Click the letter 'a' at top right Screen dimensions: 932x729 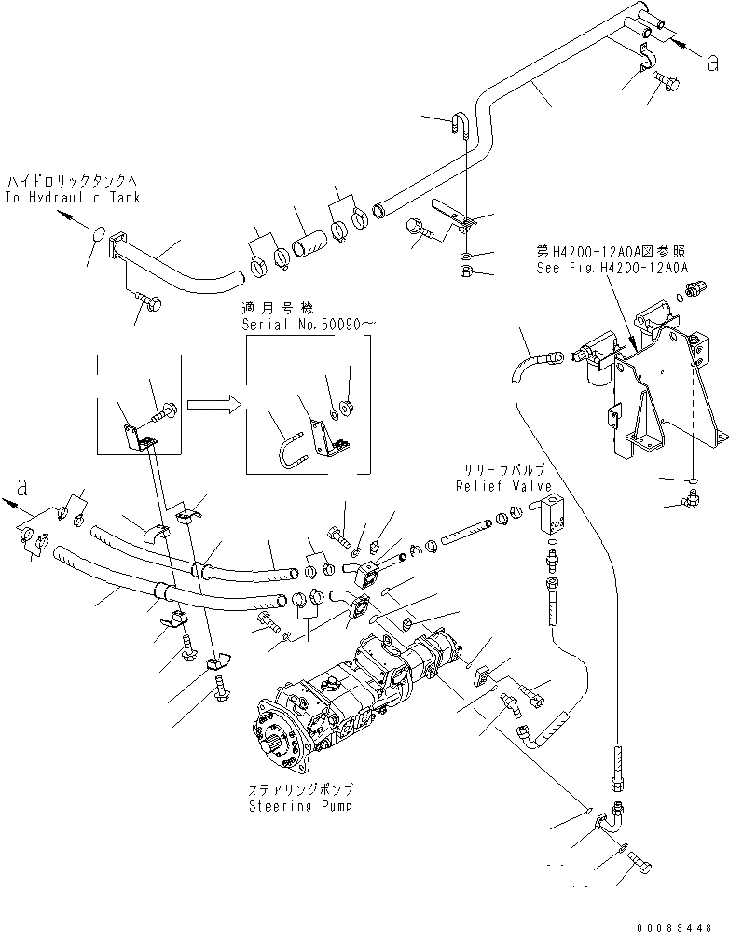click(713, 63)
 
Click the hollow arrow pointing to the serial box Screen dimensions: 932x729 click(210, 405)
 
